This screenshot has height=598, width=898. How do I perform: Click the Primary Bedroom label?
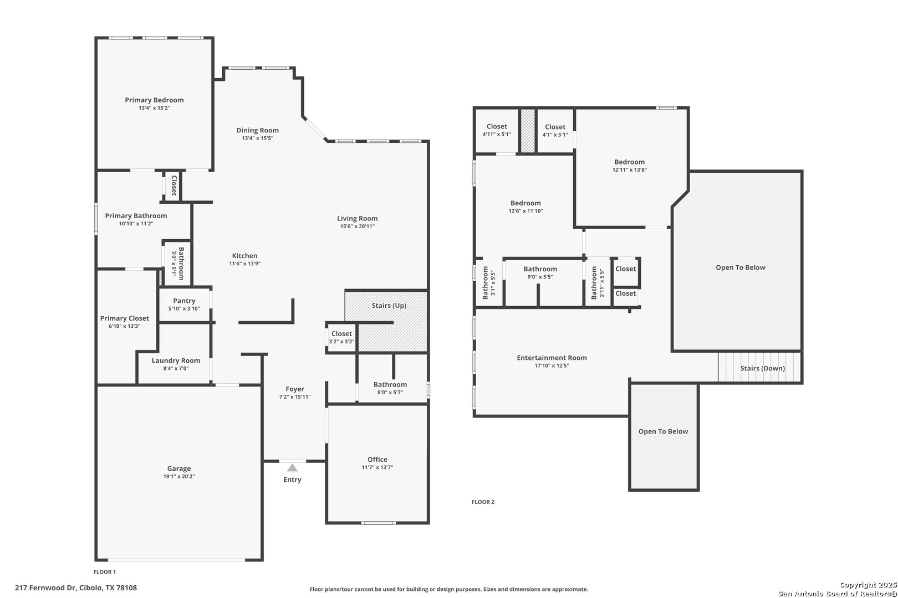click(154, 100)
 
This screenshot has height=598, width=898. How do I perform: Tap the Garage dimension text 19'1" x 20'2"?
click(179, 476)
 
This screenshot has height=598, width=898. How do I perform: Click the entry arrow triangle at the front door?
click(292, 468)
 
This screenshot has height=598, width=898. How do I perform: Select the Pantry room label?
click(185, 301)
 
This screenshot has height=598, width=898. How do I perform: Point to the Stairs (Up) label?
click(389, 306)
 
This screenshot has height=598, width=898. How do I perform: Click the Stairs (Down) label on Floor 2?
click(763, 369)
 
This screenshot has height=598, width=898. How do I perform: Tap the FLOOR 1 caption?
click(105, 572)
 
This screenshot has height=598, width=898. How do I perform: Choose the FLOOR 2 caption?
click(483, 502)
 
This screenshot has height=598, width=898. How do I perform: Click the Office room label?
click(377, 460)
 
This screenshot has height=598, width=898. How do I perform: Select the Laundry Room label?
click(176, 360)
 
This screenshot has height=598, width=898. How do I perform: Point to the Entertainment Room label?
click(552, 358)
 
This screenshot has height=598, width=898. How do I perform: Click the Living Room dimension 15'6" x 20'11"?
click(357, 226)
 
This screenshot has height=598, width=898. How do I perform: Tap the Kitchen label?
click(244, 256)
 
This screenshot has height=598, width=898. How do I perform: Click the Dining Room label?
click(257, 131)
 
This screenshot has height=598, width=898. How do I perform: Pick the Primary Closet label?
click(124, 318)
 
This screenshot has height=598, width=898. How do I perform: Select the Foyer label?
click(295, 389)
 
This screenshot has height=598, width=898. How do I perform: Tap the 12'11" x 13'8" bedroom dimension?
click(629, 170)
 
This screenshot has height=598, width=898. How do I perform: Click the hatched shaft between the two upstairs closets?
click(528, 131)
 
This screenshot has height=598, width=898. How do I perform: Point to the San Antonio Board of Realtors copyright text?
click(837, 593)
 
